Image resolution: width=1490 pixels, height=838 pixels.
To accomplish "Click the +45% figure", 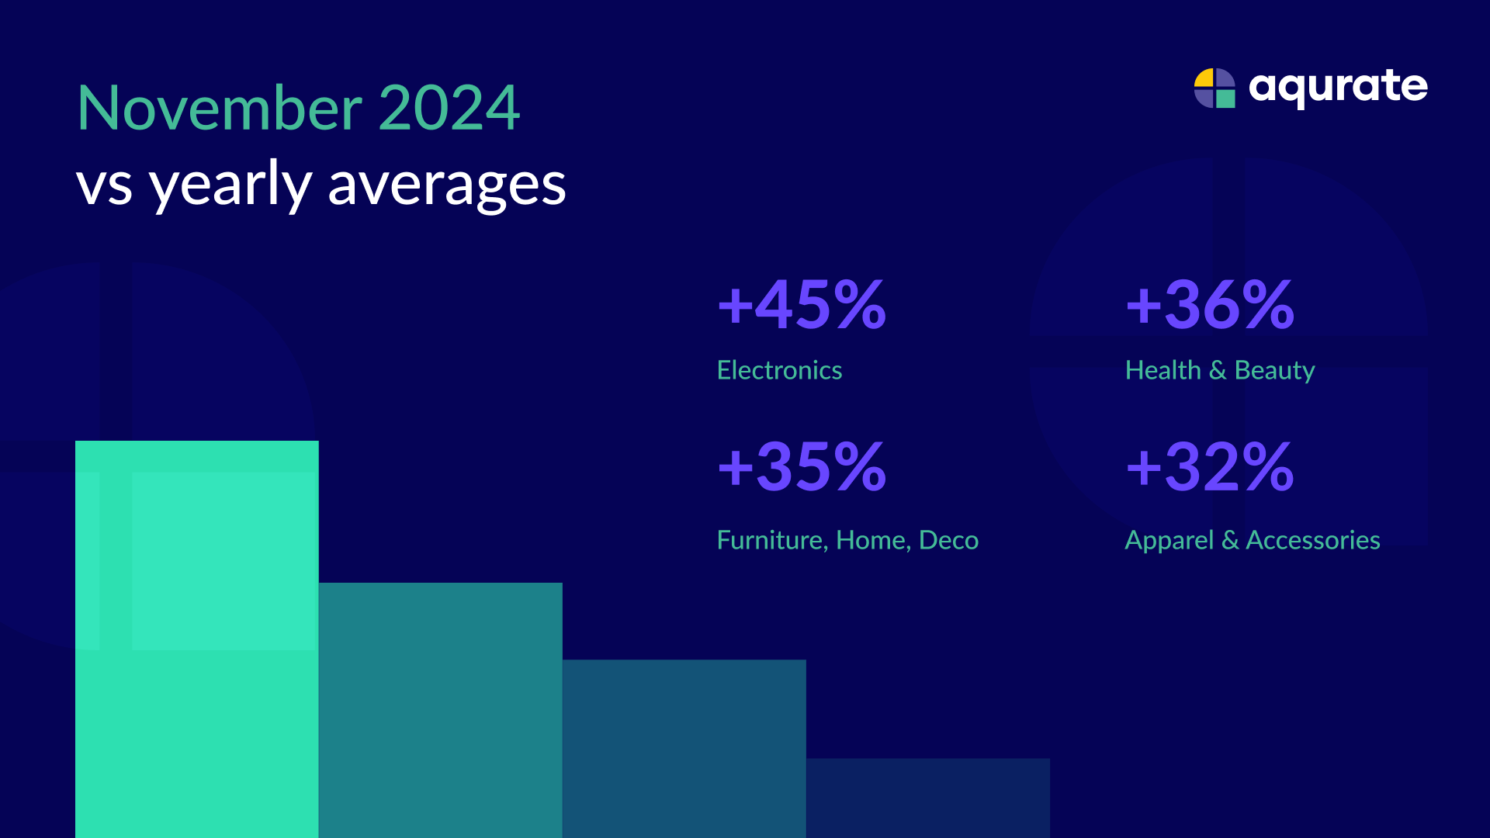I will coord(802,304).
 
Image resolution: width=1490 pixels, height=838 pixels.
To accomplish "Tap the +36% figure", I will coord(1210,304).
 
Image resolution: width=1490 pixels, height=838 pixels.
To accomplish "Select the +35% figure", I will coord(802,467).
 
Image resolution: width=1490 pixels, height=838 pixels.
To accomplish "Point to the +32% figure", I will coord(1210,467).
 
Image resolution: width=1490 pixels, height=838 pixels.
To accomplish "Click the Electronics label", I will coord(779,370).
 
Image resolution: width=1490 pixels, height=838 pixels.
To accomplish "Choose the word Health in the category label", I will coord(1163,370).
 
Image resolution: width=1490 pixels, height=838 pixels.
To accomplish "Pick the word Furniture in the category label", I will coord(772,540).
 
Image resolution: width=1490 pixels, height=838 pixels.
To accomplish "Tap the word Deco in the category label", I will coord(948,540).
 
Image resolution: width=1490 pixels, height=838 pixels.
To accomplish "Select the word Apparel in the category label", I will coord(1169,541).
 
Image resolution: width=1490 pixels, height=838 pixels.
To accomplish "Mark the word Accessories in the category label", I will coord(1312,540).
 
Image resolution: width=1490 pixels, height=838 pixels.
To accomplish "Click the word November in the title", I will coord(220,108).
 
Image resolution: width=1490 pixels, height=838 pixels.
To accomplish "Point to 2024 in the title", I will coord(449,108).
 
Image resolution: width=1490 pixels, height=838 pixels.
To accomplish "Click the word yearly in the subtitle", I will coord(230,186).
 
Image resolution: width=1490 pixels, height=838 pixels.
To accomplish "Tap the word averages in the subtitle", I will coord(447,186).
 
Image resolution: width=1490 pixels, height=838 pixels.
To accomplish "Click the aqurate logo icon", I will coord(1215,88).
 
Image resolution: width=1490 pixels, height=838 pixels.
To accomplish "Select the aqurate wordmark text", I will coord(1338,87).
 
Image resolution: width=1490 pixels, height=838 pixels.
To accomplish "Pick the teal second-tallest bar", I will coord(440,709).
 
